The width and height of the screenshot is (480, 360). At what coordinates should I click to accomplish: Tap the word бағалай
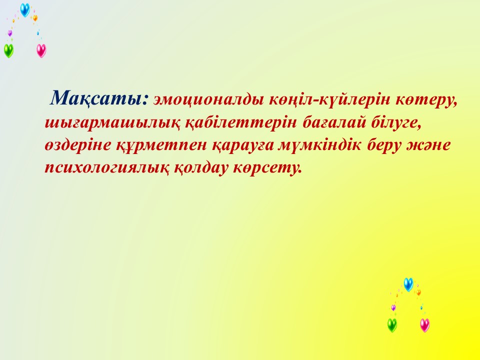click(334, 122)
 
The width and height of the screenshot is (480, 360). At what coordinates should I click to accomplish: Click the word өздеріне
click(78, 145)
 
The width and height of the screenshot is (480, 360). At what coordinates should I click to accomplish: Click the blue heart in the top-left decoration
click(25, 10)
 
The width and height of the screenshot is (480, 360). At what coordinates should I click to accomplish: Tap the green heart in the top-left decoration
click(8, 50)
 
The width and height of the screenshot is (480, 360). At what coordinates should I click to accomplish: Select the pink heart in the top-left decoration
click(41, 50)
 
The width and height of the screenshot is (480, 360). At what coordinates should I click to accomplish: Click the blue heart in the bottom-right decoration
click(408, 284)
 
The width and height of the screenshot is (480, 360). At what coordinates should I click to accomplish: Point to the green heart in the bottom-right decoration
click(392, 325)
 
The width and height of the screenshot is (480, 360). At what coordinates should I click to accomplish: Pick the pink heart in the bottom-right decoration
click(425, 325)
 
